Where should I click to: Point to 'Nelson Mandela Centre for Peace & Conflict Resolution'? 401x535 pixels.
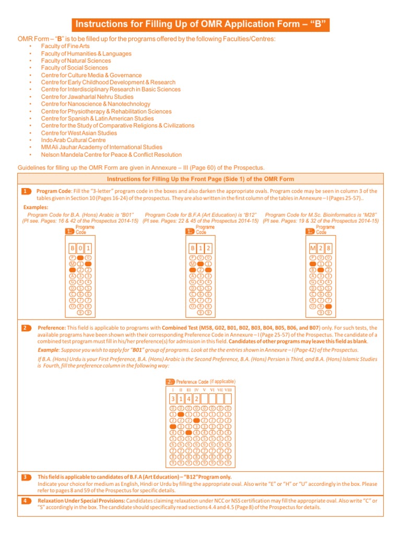(111, 155)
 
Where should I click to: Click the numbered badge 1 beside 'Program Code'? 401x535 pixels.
(27, 192)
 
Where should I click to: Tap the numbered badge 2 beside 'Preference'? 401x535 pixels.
(27, 328)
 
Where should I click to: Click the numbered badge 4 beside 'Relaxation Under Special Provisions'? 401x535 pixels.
(27, 501)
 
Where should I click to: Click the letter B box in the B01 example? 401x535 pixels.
(73, 248)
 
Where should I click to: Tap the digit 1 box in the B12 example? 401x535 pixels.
(200, 248)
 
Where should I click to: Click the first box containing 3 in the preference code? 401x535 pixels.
(173, 398)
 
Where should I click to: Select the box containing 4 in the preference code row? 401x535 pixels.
(188, 398)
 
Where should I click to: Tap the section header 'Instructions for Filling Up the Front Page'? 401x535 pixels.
(200, 179)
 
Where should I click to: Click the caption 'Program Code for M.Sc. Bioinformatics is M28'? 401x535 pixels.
(321, 215)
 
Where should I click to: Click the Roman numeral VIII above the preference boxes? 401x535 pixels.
(228, 390)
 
